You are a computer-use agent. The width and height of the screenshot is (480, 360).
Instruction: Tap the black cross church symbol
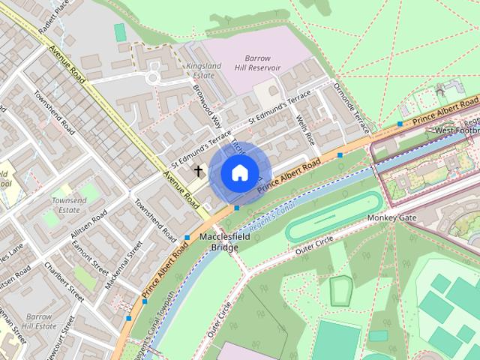[x=199, y=171]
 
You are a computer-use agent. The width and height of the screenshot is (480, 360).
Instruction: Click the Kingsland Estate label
[x=202, y=70]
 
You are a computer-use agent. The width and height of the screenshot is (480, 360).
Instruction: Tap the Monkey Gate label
[x=391, y=218]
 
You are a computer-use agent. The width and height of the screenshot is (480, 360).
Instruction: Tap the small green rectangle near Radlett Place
[x=120, y=31]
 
